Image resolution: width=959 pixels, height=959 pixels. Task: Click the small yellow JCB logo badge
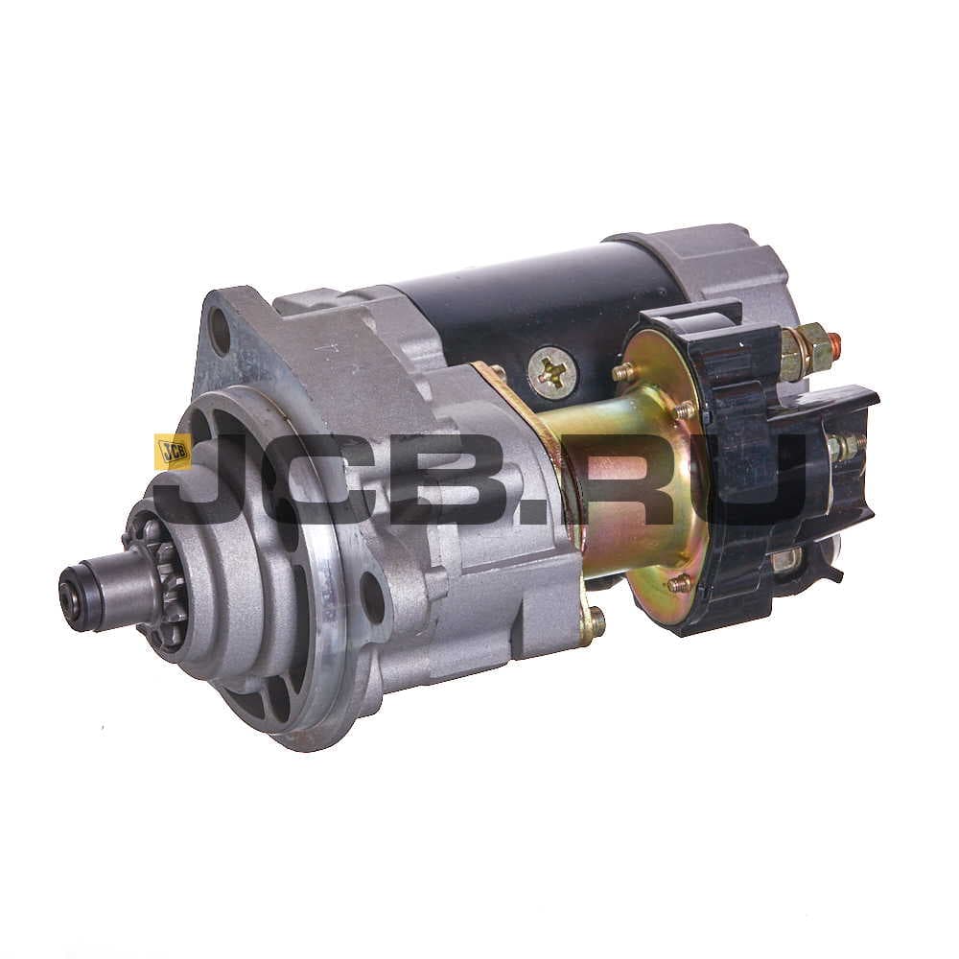click(x=172, y=452)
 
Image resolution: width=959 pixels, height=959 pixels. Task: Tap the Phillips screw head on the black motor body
click(x=553, y=369)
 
